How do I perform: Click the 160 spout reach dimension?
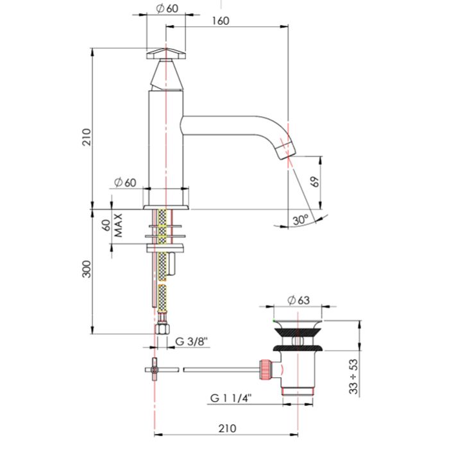pos(221,21)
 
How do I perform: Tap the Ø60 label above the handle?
pos(167,8)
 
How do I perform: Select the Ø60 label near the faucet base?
pos(125,182)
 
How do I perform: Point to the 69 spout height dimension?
pos(315,182)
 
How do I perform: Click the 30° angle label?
pos(300,220)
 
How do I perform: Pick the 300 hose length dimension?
pos(87,269)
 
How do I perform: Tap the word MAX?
pos(118,225)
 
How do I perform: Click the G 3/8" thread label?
pos(191,342)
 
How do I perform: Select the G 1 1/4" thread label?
pos(231,398)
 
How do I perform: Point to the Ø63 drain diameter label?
pos(299,300)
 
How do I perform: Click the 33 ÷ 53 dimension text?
pos(354,377)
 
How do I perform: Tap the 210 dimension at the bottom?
pos(228,428)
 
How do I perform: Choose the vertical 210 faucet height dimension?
pos(87,137)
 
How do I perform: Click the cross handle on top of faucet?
pos(166,54)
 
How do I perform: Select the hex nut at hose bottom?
pos(162,328)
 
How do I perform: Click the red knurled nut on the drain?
pos(265,369)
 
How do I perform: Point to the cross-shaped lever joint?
pos(155,369)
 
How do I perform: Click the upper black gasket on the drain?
pos(298,332)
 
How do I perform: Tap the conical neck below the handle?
pos(166,75)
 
